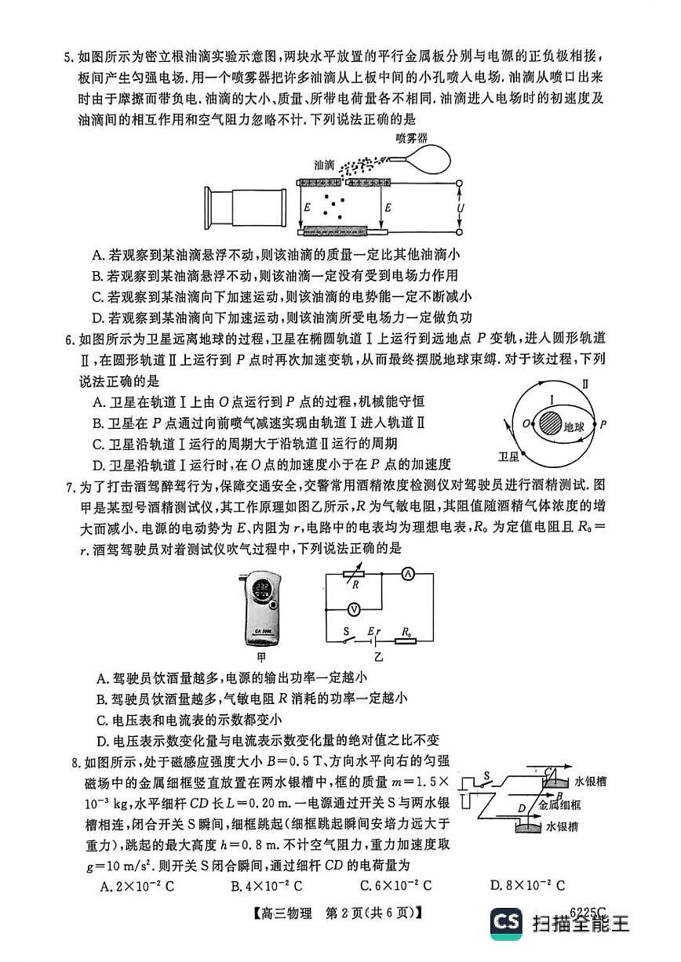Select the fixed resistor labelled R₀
click(x=406, y=640)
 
